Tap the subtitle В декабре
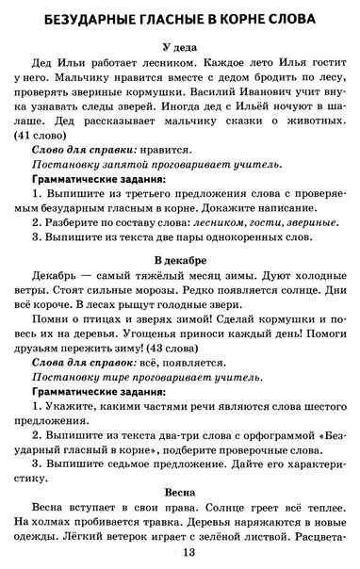coord(180,258)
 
